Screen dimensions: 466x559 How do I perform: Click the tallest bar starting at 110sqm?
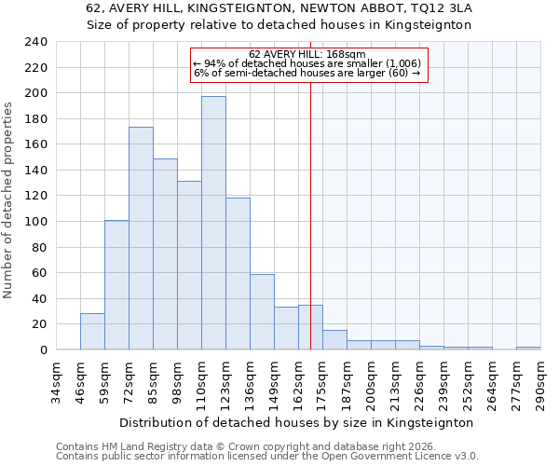tap(213, 224)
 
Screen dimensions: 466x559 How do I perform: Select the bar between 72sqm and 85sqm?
tap(141, 239)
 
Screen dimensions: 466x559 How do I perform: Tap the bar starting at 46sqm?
tap(92, 332)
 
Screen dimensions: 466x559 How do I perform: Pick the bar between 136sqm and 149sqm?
tap(262, 312)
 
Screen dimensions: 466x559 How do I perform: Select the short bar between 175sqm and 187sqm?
tap(334, 340)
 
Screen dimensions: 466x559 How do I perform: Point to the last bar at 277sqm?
tap(528, 349)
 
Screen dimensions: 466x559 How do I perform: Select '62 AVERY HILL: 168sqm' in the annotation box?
tap(308, 54)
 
